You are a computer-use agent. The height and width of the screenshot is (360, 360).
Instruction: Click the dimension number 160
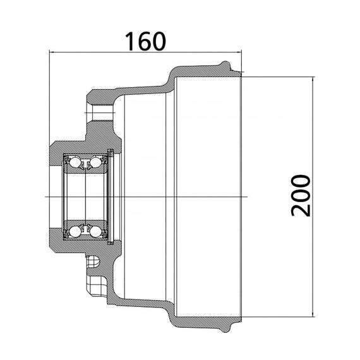click(145, 42)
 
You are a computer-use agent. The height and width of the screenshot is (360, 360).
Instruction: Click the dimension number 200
click(301, 195)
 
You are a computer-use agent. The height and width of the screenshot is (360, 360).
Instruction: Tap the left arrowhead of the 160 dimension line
click(52, 52)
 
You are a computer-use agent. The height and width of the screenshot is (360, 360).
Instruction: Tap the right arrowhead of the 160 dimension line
click(239, 52)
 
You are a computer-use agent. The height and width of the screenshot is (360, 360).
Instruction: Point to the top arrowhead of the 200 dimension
click(313, 79)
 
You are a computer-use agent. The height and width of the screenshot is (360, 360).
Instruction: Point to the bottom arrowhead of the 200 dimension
click(313, 315)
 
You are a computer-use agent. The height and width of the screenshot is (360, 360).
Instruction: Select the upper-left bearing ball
click(75, 163)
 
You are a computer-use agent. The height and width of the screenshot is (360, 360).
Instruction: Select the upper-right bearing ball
click(96, 163)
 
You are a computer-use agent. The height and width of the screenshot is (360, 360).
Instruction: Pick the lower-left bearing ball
click(75, 231)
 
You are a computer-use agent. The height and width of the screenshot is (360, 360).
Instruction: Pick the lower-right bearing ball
click(96, 231)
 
